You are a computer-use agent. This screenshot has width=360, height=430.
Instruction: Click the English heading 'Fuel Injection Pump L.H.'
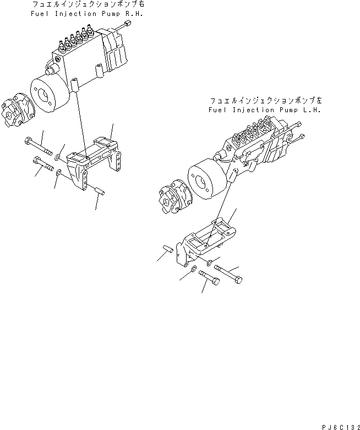tap(264, 110)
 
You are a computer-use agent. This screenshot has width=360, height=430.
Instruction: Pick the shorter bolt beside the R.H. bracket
tap(42, 163)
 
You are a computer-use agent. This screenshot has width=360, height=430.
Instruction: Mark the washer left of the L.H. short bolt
tap(193, 269)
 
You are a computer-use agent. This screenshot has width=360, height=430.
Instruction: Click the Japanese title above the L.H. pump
tap(265, 101)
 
